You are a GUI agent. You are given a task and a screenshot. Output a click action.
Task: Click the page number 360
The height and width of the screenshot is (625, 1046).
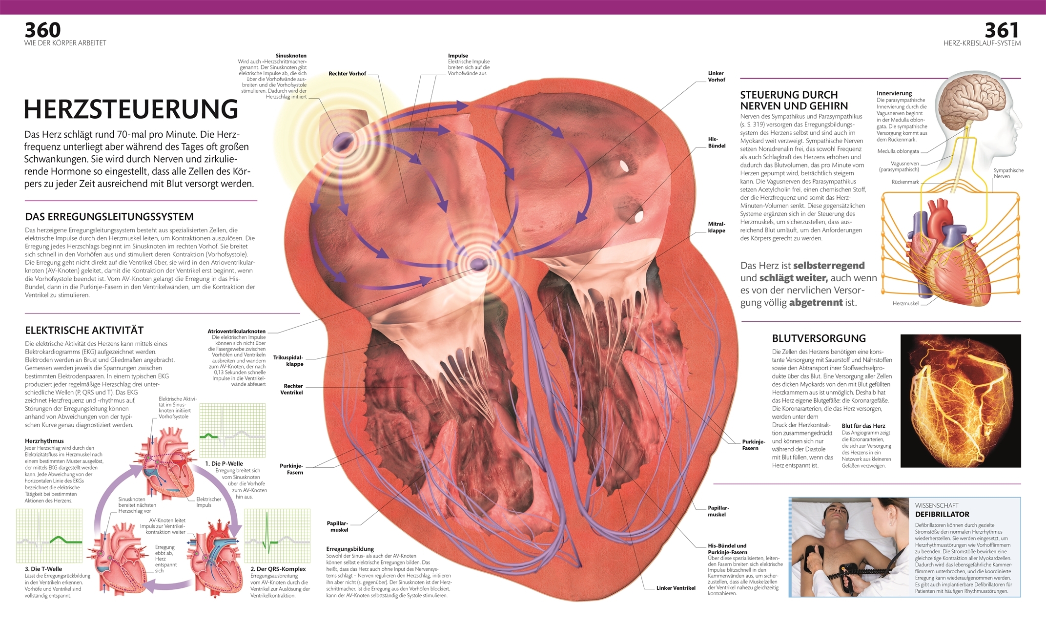pyautogui.click(x=43, y=30)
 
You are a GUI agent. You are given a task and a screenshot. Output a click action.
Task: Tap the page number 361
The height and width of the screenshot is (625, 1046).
pyautogui.click(x=1002, y=30)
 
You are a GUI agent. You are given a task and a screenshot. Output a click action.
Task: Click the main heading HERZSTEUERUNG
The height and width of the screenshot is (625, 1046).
pyautogui.click(x=131, y=109)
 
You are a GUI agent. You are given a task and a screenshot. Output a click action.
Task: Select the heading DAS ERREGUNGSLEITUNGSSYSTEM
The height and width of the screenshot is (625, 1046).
pyautogui.click(x=109, y=217)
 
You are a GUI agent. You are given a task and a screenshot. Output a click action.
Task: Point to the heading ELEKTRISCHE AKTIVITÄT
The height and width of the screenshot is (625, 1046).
pyautogui.click(x=84, y=330)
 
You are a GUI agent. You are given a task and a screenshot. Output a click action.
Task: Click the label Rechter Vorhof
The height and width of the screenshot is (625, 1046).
pyautogui.click(x=347, y=74)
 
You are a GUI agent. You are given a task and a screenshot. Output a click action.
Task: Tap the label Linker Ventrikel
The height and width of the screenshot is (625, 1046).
pyautogui.click(x=676, y=588)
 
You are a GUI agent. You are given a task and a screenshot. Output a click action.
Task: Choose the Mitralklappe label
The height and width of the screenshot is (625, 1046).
pyautogui.click(x=717, y=227)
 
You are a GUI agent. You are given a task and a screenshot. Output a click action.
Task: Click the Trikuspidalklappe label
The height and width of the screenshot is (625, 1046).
pyautogui.click(x=288, y=361)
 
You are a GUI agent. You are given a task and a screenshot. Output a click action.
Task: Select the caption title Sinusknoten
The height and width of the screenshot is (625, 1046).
pyautogui.click(x=291, y=56)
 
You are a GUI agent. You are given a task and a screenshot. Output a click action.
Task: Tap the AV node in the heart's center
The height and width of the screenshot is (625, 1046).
pyautogui.click(x=478, y=264)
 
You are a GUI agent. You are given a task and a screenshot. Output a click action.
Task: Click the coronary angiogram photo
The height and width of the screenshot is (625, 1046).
pyautogui.click(x=960, y=400)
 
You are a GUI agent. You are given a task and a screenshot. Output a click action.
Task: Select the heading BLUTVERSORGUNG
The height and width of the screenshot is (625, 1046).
pyautogui.click(x=819, y=338)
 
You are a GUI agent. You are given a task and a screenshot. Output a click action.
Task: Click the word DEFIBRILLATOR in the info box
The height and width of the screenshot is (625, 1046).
pyautogui.click(x=942, y=514)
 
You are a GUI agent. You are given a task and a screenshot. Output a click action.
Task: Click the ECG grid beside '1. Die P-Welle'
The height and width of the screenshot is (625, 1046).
pyautogui.click(x=232, y=430)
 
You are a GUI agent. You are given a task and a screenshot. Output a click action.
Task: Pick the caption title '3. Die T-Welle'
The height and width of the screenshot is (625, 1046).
pyautogui.click(x=43, y=569)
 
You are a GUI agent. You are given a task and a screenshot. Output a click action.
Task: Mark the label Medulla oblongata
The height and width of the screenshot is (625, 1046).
pyautogui.click(x=898, y=151)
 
